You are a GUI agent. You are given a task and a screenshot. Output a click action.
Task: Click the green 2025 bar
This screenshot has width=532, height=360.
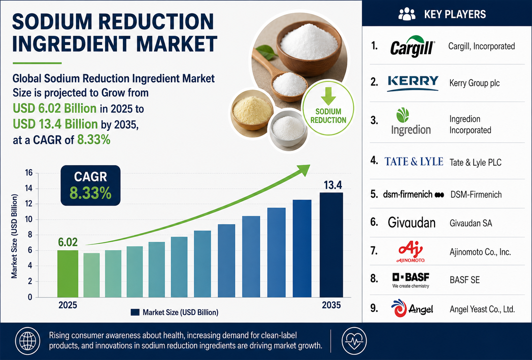68,274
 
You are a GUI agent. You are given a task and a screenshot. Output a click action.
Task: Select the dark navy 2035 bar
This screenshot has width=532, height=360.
331,245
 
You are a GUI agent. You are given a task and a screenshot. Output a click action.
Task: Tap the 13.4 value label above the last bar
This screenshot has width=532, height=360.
333,185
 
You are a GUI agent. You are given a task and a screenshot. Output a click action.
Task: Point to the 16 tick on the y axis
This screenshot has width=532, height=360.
29,172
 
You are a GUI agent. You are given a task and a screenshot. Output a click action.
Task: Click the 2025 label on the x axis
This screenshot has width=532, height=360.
68,305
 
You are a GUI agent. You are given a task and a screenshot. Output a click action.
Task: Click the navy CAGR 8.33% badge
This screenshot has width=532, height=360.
90,185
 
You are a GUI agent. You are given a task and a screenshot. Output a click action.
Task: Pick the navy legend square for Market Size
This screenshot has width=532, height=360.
135,312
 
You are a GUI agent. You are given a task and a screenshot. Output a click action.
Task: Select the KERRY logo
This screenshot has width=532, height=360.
413,83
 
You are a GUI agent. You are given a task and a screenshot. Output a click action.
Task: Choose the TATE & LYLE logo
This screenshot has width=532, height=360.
414,162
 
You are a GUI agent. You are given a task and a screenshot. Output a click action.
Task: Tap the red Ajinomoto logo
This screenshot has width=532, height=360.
411,251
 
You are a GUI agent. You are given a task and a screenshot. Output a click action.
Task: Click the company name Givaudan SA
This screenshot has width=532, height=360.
471,223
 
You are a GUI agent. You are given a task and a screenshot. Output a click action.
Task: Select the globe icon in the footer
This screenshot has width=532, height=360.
28,341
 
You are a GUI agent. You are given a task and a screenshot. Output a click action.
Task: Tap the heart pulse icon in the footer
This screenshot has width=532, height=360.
354,341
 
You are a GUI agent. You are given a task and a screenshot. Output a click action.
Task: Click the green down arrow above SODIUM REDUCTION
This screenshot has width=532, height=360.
328,96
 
